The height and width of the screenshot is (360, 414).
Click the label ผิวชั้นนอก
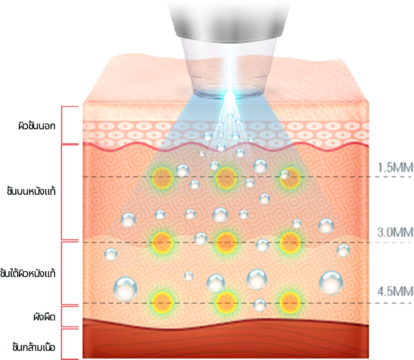35,126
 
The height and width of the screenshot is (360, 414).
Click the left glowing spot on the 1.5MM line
162,177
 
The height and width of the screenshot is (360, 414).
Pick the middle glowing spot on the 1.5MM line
226,177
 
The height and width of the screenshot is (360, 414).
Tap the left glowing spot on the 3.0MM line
162,241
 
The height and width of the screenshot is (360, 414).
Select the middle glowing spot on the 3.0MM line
226,241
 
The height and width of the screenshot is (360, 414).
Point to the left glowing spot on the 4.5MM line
162,301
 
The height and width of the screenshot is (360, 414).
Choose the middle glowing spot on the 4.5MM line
226,301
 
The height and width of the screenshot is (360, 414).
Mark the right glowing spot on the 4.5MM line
289,301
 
